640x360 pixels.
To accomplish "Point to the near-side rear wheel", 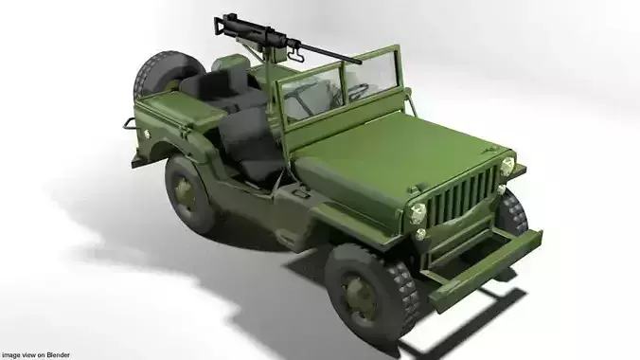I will [x=190, y=192].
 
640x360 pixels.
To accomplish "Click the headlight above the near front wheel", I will [x=417, y=212].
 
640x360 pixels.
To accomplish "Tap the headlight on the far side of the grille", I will [x=507, y=166].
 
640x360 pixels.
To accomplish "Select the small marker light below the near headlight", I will [x=420, y=233].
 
